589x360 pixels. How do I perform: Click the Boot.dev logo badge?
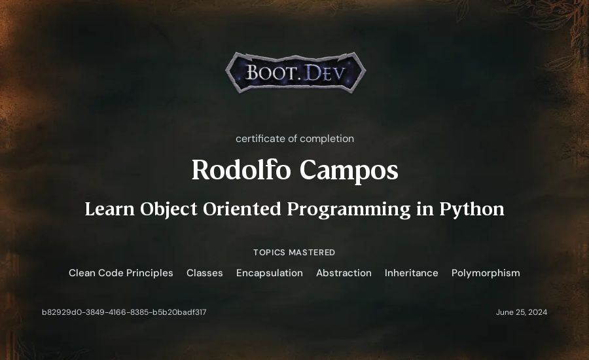point(295,73)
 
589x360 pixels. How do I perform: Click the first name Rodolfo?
point(241,170)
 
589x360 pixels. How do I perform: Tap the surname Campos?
point(349,171)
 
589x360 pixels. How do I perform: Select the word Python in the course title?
point(472,209)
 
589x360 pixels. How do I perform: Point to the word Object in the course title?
point(168,209)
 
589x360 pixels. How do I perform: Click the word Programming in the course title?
point(349,209)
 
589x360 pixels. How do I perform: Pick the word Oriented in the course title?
point(242,209)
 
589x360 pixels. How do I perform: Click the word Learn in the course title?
point(110,209)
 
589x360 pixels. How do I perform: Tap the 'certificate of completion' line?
point(294,139)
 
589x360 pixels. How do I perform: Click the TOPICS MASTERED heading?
point(294,253)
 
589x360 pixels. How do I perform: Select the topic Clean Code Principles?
point(121,273)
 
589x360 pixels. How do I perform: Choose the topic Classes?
point(205,273)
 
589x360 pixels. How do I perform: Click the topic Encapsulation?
point(270,273)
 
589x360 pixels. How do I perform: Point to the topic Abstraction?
point(344,273)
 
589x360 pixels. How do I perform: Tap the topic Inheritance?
point(412,273)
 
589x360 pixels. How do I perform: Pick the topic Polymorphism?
point(486,273)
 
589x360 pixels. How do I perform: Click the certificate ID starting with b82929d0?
point(124,312)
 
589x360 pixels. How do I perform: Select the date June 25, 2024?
point(522,312)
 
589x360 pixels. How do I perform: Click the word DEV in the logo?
point(324,73)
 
